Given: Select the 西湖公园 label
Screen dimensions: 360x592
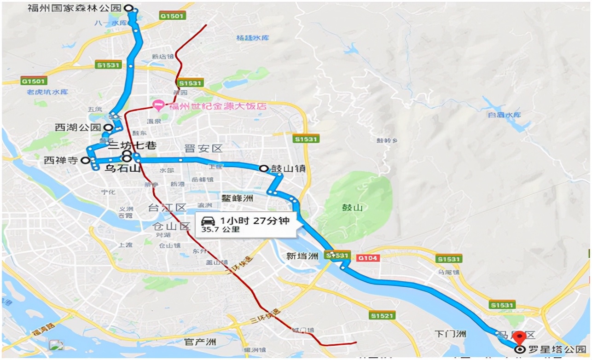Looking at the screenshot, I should point(77,128).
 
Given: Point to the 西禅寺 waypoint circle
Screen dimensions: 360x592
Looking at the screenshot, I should point(85,160).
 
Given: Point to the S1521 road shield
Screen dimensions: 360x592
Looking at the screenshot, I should point(382,315).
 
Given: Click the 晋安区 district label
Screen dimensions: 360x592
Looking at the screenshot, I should point(203,148).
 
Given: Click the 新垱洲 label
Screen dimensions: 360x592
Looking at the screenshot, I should point(302,255).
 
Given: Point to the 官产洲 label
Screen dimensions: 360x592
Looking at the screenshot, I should point(199,342).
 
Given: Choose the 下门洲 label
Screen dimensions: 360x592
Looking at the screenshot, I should point(451,333).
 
